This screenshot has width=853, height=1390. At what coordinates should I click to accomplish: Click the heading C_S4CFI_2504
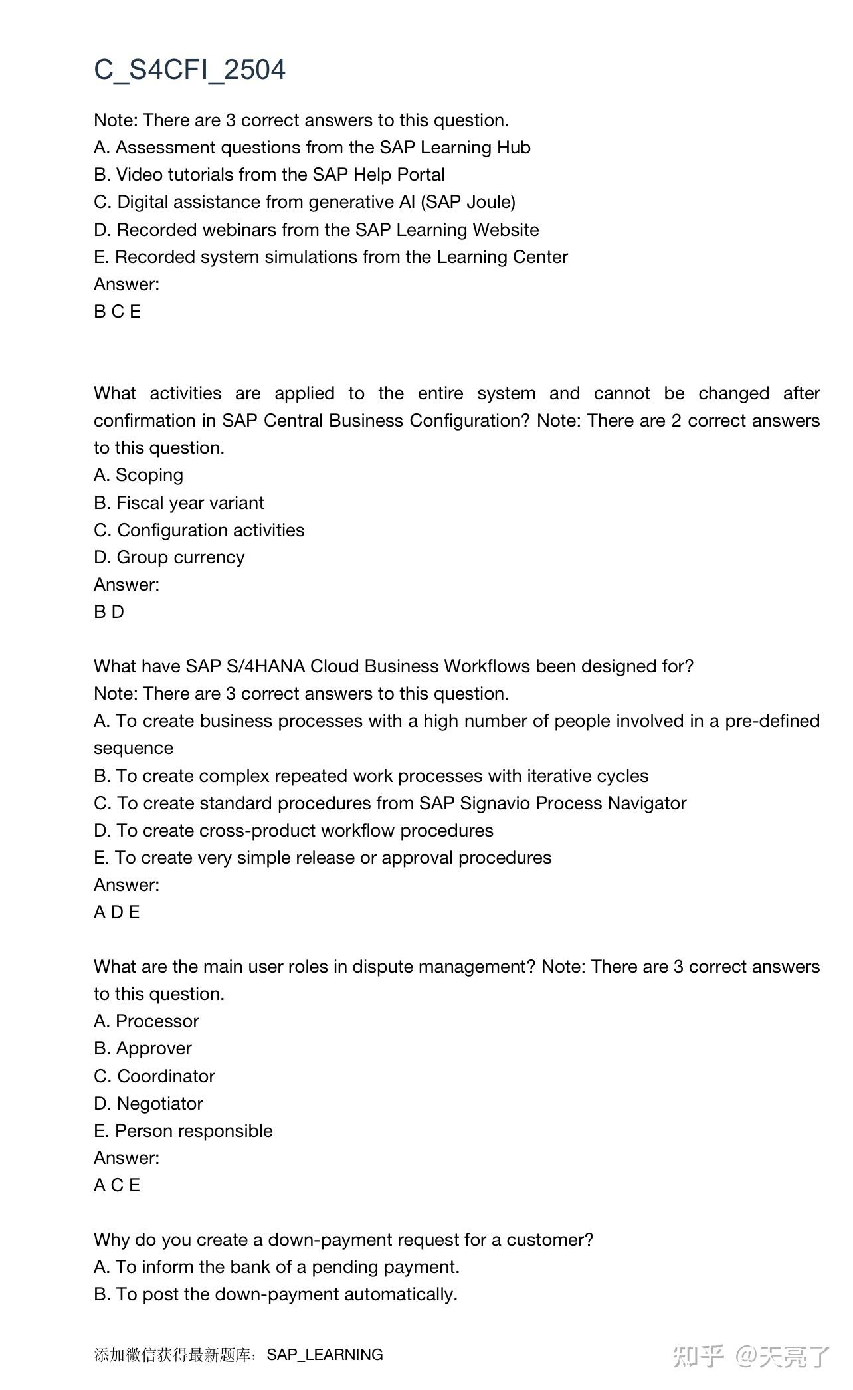(189, 70)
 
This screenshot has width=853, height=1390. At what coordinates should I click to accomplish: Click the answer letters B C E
(117, 312)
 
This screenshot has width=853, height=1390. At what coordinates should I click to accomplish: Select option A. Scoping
(138, 475)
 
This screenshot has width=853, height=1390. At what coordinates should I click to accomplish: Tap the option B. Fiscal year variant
(179, 503)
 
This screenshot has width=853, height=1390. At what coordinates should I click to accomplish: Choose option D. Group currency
(169, 557)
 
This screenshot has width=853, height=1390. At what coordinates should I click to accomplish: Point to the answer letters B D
(109, 612)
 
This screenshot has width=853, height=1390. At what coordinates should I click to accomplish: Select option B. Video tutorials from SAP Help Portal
(269, 175)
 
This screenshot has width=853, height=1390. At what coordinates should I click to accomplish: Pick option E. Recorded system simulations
(330, 257)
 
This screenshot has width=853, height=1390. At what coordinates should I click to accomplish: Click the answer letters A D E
(116, 912)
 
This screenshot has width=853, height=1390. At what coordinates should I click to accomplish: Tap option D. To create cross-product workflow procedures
(293, 831)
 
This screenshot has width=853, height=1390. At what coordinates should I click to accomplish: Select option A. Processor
(146, 1021)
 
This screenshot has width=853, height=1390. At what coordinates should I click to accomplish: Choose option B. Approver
(142, 1048)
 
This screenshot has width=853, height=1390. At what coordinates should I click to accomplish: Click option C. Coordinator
(154, 1076)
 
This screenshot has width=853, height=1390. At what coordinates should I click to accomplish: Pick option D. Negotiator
(148, 1104)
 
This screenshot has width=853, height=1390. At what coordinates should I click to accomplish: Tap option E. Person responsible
(183, 1131)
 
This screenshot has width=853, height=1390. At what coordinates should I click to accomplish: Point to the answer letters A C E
(117, 1185)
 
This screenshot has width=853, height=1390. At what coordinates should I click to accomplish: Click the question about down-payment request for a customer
(343, 1240)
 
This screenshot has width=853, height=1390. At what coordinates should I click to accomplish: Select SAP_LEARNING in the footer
(324, 1355)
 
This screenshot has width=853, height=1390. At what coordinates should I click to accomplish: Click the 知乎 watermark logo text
(698, 1356)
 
